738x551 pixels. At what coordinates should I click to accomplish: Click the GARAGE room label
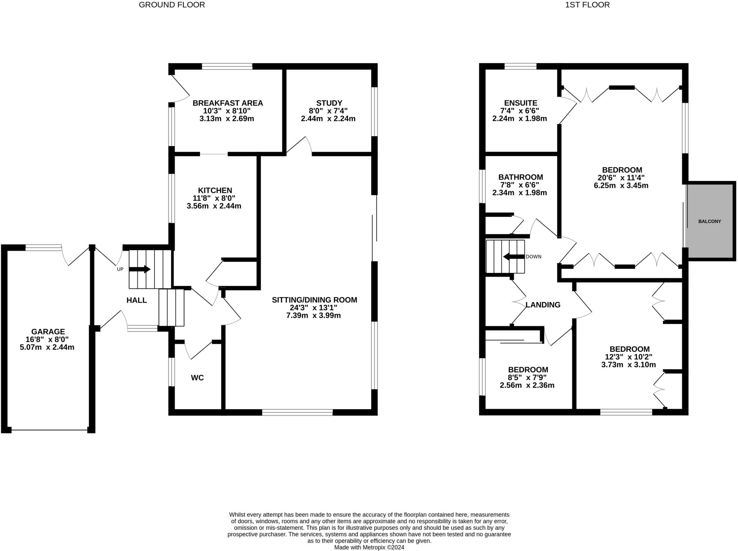click(x=48, y=332)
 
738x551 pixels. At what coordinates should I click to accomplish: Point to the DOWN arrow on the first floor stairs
click(x=514, y=257)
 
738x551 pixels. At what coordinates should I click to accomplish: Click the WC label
click(x=197, y=378)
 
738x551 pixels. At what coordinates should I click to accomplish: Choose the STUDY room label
click(x=329, y=103)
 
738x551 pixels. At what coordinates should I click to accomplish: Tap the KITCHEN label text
click(x=215, y=190)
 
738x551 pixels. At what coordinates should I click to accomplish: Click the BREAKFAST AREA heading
click(x=228, y=103)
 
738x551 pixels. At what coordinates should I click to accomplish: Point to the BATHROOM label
click(x=521, y=177)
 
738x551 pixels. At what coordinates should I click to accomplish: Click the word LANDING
click(x=543, y=305)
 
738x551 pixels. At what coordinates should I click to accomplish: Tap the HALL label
click(x=137, y=300)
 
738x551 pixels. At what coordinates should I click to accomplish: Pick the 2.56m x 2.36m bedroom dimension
click(x=527, y=385)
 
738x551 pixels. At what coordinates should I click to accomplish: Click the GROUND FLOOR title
click(x=172, y=5)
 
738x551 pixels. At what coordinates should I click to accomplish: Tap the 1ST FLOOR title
click(x=587, y=5)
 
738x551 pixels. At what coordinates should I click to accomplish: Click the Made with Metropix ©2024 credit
click(x=369, y=547)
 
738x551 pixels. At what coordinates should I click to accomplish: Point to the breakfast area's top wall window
click(x=227, y=66)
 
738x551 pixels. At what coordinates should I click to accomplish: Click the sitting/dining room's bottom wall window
click(x=297, y=412)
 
